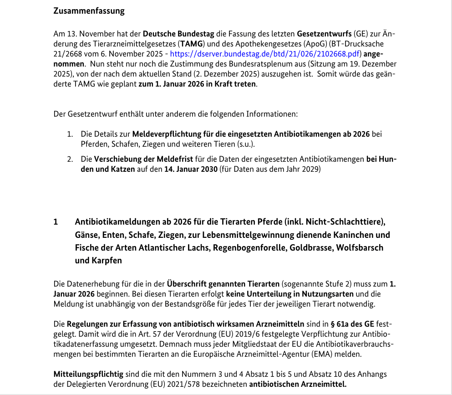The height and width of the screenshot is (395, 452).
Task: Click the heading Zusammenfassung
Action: [x=89, y=11]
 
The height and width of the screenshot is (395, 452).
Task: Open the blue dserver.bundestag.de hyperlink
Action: [x=265, y=54]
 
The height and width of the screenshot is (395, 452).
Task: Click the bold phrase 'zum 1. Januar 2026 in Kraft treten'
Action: [x=197, y=85]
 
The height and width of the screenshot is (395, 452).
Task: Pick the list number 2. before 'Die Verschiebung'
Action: [x=70, y=159]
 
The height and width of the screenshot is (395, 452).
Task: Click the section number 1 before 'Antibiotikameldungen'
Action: [x=56, y=222]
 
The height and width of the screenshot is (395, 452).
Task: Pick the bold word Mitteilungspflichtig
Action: [x=88, y=374]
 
